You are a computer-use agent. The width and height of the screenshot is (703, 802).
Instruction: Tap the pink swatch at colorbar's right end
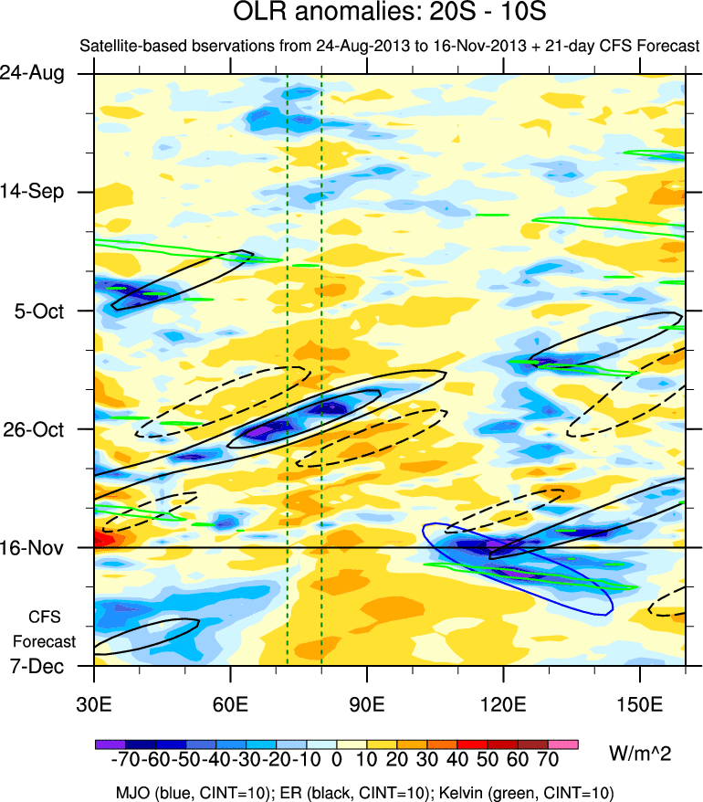tap(564, 744)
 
